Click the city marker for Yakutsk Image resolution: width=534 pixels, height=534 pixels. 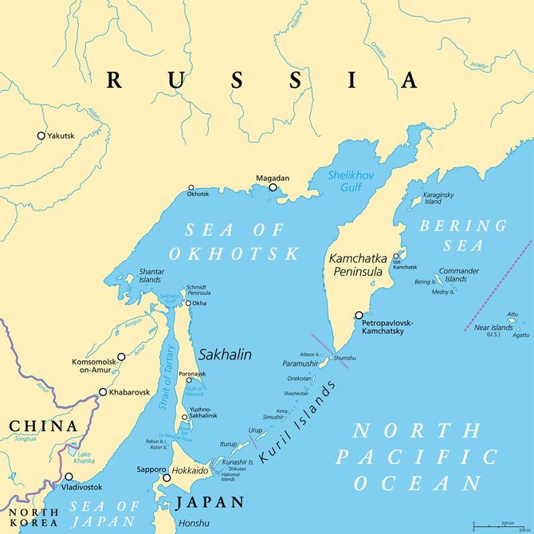41,135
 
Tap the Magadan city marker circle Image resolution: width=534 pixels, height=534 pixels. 273,188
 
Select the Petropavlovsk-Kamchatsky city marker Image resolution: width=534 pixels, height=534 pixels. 359,315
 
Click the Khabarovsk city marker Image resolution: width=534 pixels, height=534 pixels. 103,392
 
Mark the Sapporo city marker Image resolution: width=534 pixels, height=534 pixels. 167,478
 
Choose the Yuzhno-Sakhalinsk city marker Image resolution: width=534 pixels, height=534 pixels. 185,417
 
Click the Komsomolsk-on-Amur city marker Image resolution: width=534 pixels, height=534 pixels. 121,357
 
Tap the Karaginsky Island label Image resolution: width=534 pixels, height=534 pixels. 439,198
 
